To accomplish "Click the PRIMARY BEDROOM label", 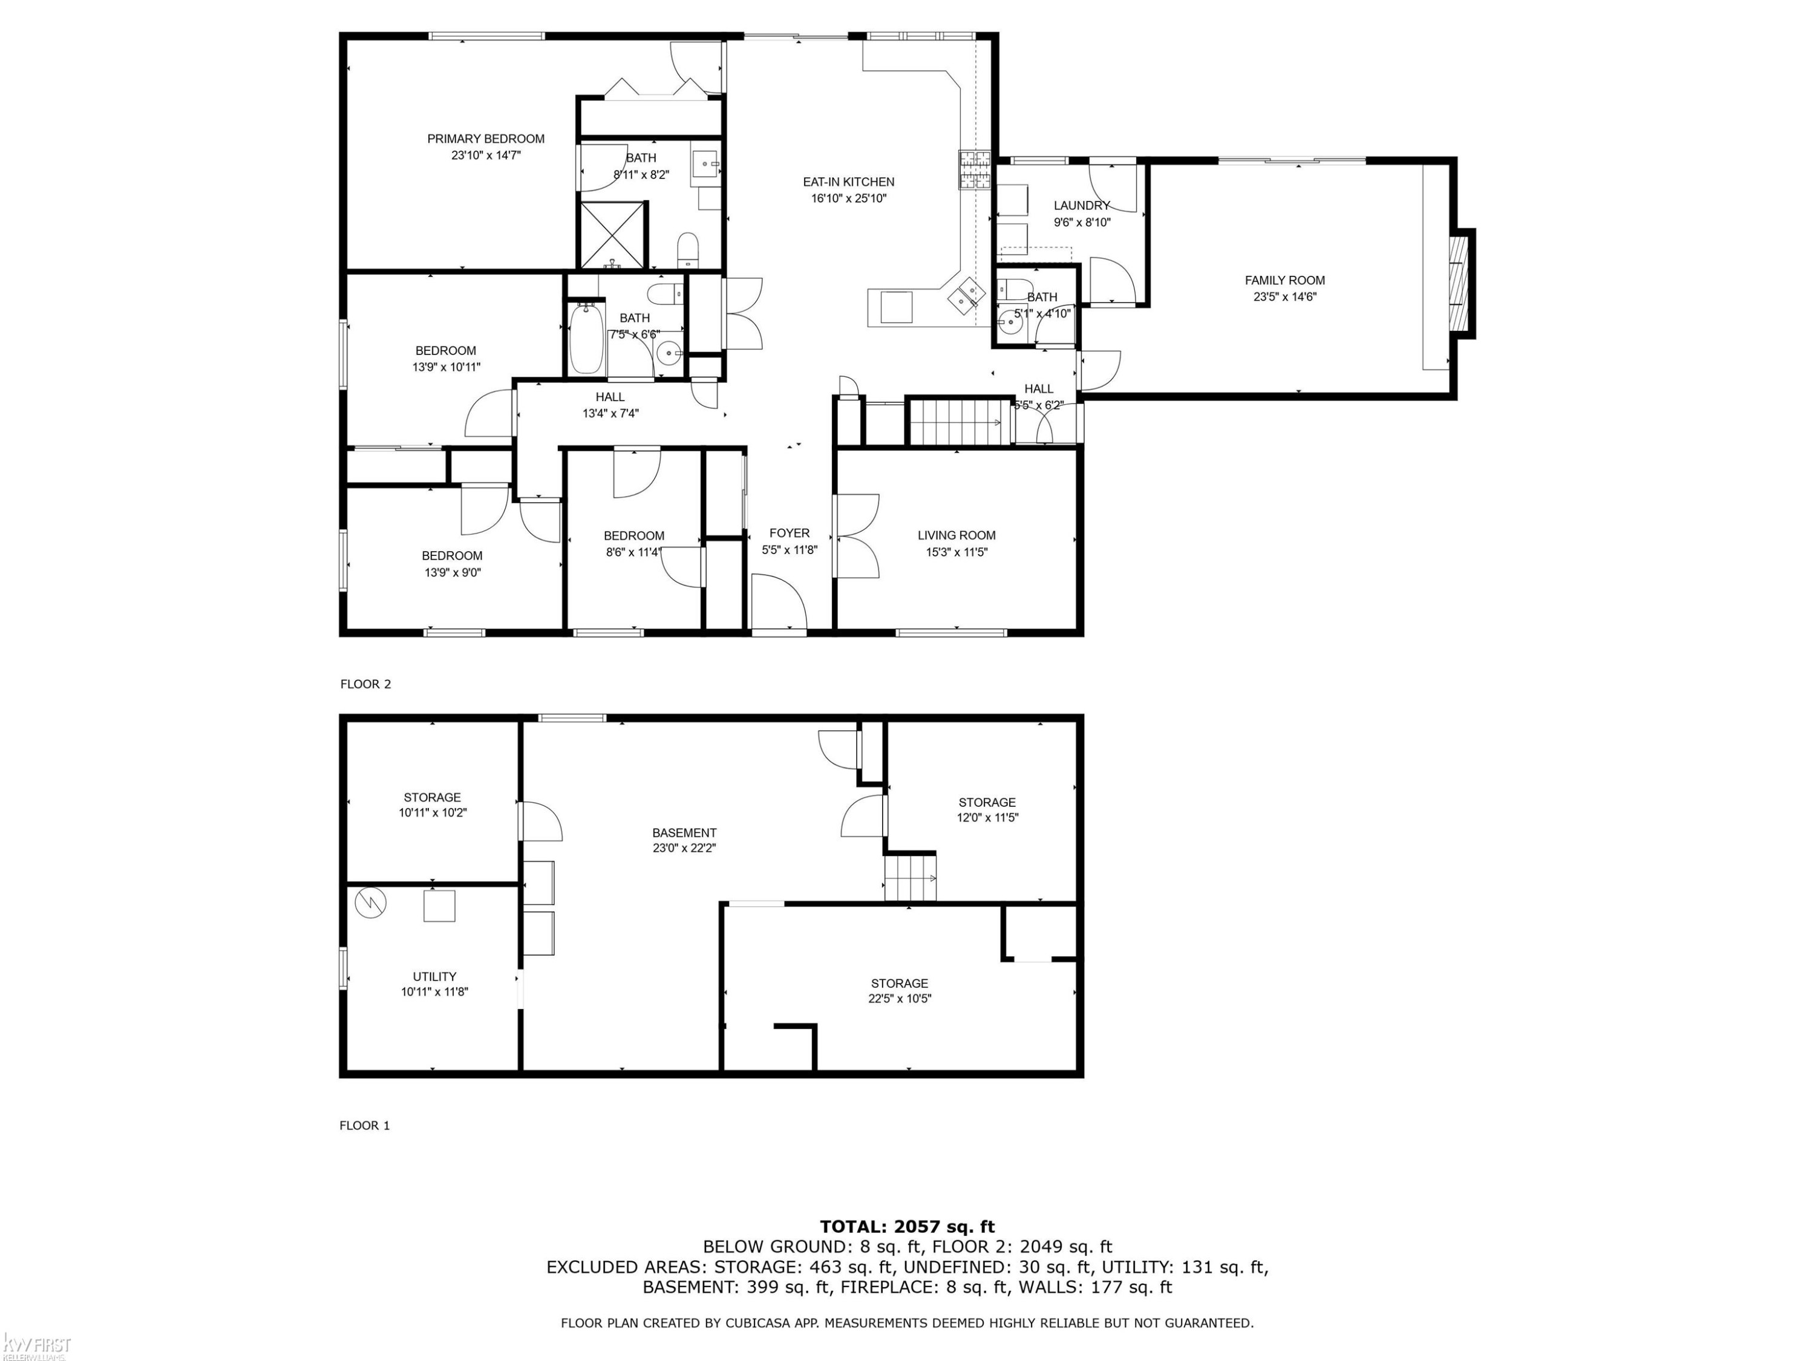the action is (486, 139).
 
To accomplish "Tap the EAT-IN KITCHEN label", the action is (848, 182).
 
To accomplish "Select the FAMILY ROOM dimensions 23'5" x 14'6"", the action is (1285, 297).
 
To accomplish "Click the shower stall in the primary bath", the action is (612, 235).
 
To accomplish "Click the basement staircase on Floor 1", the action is (910, 877).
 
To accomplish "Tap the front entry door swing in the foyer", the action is (779, 601).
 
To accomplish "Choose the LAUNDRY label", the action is (1082, 205).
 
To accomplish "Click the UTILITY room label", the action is (435, 976).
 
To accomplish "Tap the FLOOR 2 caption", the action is (366, 684).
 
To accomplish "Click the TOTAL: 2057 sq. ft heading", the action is (907, 1227).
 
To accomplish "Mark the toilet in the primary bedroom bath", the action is (688, 250).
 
